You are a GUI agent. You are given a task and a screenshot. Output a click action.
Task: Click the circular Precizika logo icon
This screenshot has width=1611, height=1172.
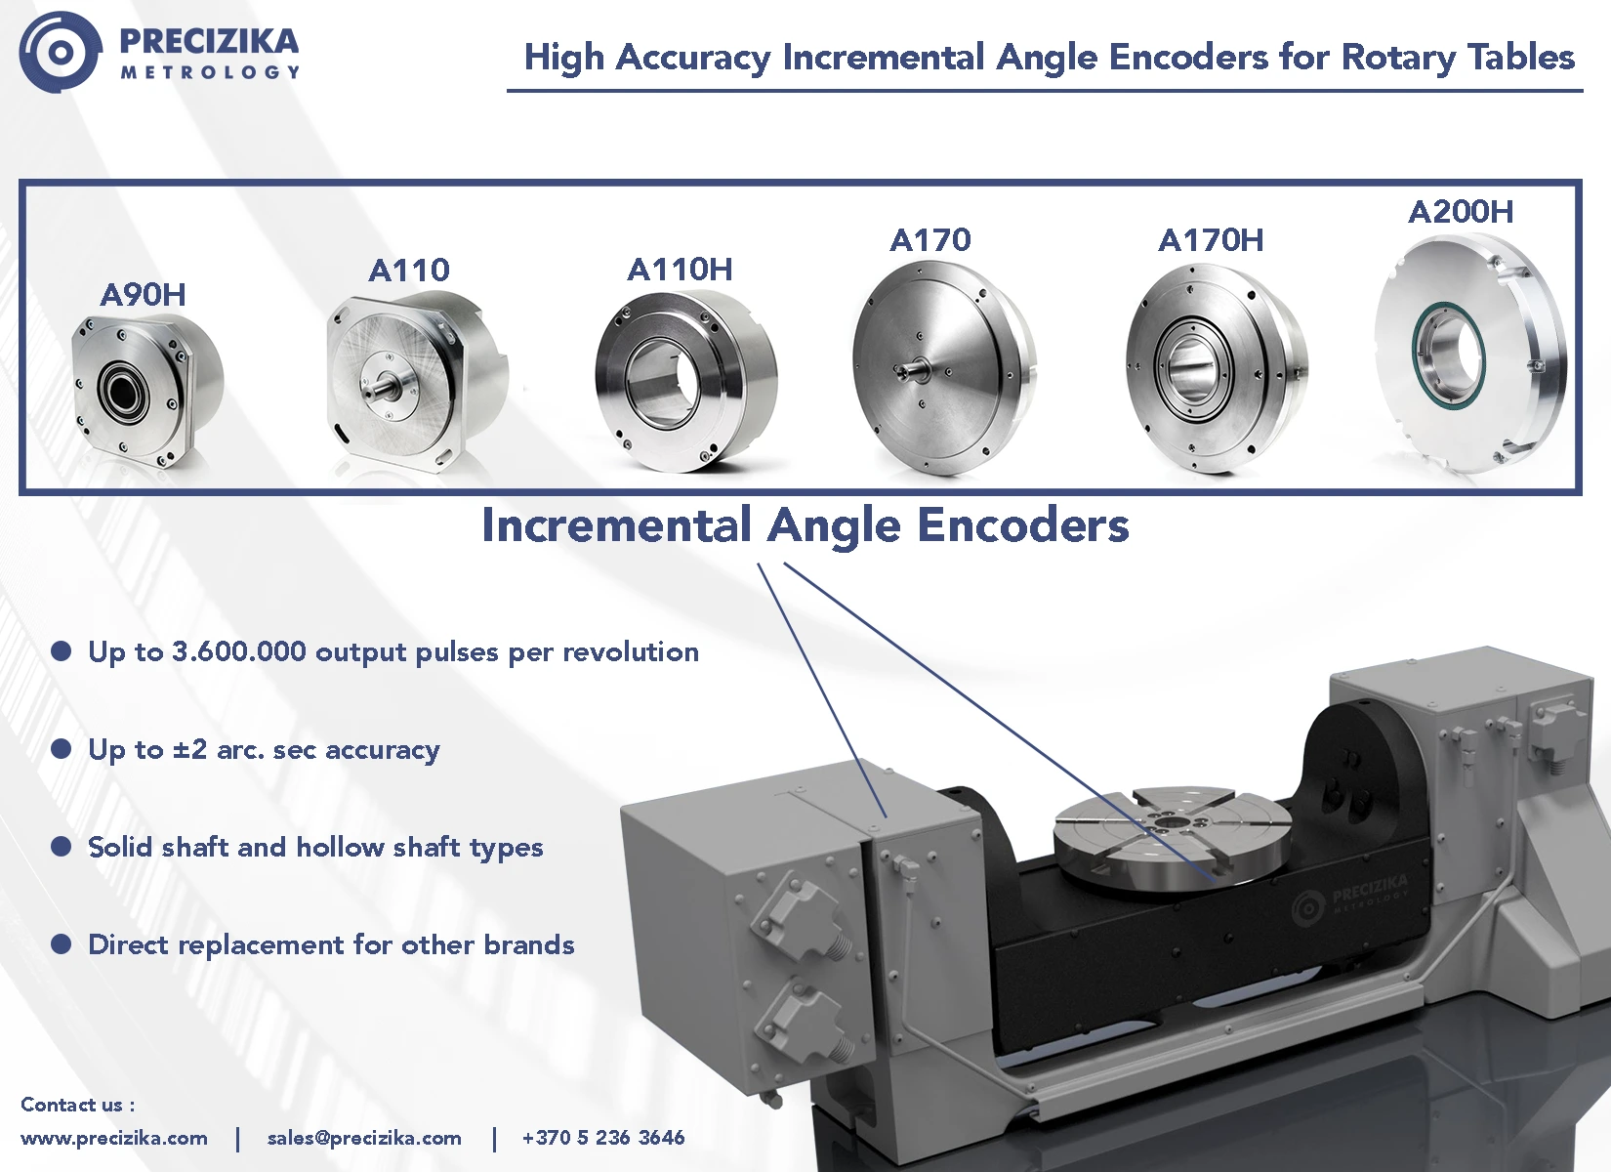tap(61, 52)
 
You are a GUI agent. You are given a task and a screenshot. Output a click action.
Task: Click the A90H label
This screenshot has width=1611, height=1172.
tap(144, 295)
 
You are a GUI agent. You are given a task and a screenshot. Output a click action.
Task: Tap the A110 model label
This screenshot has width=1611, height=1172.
tap(409, 271)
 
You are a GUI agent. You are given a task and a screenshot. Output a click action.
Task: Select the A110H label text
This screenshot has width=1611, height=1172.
tap(680, 270)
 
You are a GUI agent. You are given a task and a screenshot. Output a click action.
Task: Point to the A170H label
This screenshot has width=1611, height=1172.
tap(1211, 240)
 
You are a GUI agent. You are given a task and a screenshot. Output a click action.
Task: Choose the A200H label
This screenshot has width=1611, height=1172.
tap(1461, 212)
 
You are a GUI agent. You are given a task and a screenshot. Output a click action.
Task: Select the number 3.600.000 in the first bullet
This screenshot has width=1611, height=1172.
tap(239, 651)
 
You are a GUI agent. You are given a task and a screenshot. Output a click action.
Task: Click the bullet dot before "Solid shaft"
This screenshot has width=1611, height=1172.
tap(62, 847)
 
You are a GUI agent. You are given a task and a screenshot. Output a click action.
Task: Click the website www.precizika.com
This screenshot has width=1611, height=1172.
tap(113, 1138)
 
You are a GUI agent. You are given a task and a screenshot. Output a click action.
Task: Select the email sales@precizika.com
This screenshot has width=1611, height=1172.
tap(364, 1138)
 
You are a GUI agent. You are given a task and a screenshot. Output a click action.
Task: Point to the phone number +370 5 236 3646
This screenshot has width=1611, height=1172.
tap(603, 1138)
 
